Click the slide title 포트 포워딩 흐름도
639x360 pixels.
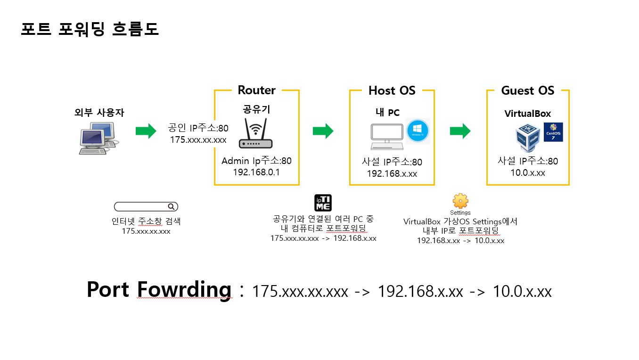pyautogui.click(x=90, y=29)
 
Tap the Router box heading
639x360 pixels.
pyautogui.click(x=256, y=90)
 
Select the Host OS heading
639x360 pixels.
pyautogui.click(x=392, y=90)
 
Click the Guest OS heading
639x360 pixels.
pyautogui.click(x=527, y=90)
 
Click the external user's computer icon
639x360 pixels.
pyautogui.click(x=97, y=138)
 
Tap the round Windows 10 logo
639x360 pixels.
pyautogui.click(x=417, y=131)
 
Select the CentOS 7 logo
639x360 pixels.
pyautogui.click(x=553, y=132)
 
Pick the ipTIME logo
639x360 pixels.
pyautogui.click(x=323, y=203)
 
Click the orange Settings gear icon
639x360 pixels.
pyautogui.click(x=460, y=201)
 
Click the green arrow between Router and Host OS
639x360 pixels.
pyautogui.click(x=323, y=131)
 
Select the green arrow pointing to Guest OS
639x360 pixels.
pyautogui.click(x=460, y=131)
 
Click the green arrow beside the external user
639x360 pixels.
pyautogui.click(x=146, y=131)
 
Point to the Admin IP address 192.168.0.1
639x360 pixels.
pyautogui.click(x=256, y=172)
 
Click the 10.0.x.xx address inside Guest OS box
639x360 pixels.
pyautogui.click(x=528, y=173)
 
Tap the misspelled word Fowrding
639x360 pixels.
pyautogui.click(x=184, y=289)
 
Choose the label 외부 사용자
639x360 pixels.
pyautogui.click(x=99, y=113)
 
